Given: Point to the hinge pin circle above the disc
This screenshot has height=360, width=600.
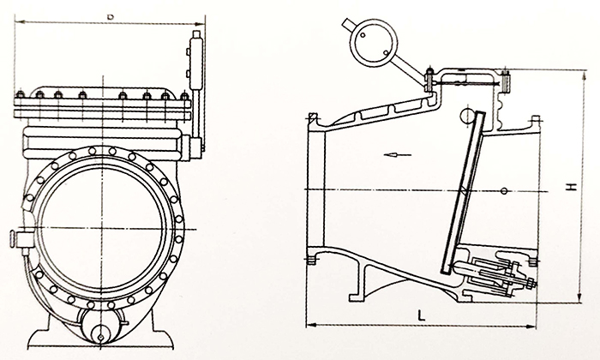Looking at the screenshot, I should [467, 114].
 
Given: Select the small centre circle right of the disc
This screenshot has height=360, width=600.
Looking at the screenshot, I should [506, 189].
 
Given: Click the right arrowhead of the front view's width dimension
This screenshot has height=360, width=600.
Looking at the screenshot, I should [205, 22].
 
